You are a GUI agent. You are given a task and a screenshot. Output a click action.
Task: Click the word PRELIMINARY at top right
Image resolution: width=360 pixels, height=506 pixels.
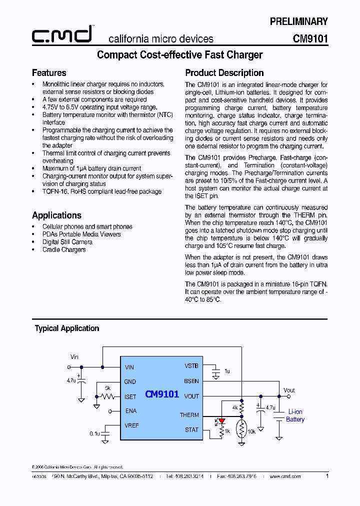[x=298, y=21]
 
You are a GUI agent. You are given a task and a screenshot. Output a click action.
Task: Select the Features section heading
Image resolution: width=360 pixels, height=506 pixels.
[x=49, y=73]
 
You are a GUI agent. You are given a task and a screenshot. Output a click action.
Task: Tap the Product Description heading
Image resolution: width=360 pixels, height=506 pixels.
[x=224, y=73]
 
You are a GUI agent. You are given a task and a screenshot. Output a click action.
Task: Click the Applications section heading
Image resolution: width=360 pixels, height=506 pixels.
[x=56, y=215]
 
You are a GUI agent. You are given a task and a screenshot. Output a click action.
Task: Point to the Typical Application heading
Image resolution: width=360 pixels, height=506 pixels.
[x=67, y=328]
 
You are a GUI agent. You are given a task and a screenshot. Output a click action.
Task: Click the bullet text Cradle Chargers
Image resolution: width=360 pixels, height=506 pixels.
[x=64, y=249]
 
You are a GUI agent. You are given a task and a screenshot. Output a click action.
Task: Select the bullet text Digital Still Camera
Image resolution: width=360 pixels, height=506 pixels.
[x=67, y=242]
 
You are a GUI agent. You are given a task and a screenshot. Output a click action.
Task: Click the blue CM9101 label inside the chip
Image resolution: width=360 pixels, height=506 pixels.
[x=162, y=394]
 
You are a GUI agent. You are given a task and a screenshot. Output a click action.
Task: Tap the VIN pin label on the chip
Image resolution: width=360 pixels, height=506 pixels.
[x=129, y=367]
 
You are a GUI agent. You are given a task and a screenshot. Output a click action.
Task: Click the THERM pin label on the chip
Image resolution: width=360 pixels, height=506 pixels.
[x=189, y=415]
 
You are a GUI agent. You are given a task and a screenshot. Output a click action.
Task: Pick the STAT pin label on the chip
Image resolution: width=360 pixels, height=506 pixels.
[x=191, y=430]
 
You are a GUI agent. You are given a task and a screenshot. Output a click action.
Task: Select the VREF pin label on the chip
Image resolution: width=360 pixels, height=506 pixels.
[x=131, y=425]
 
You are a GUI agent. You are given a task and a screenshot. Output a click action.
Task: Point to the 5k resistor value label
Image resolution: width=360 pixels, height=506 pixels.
[x=107, y=388]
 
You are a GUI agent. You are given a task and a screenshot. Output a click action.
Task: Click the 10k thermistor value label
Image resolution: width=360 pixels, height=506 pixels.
[x=251, y=431]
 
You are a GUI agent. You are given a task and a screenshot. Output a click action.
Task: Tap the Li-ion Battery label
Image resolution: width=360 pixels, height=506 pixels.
[x=295, y=415]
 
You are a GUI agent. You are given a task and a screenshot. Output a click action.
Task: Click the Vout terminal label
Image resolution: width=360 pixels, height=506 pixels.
[x=289, y=390]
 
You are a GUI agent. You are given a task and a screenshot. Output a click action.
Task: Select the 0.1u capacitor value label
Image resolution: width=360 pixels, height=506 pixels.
[x=94, y=433]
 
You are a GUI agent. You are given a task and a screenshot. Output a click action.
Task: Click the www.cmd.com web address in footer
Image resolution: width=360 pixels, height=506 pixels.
[x=285, y=476]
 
